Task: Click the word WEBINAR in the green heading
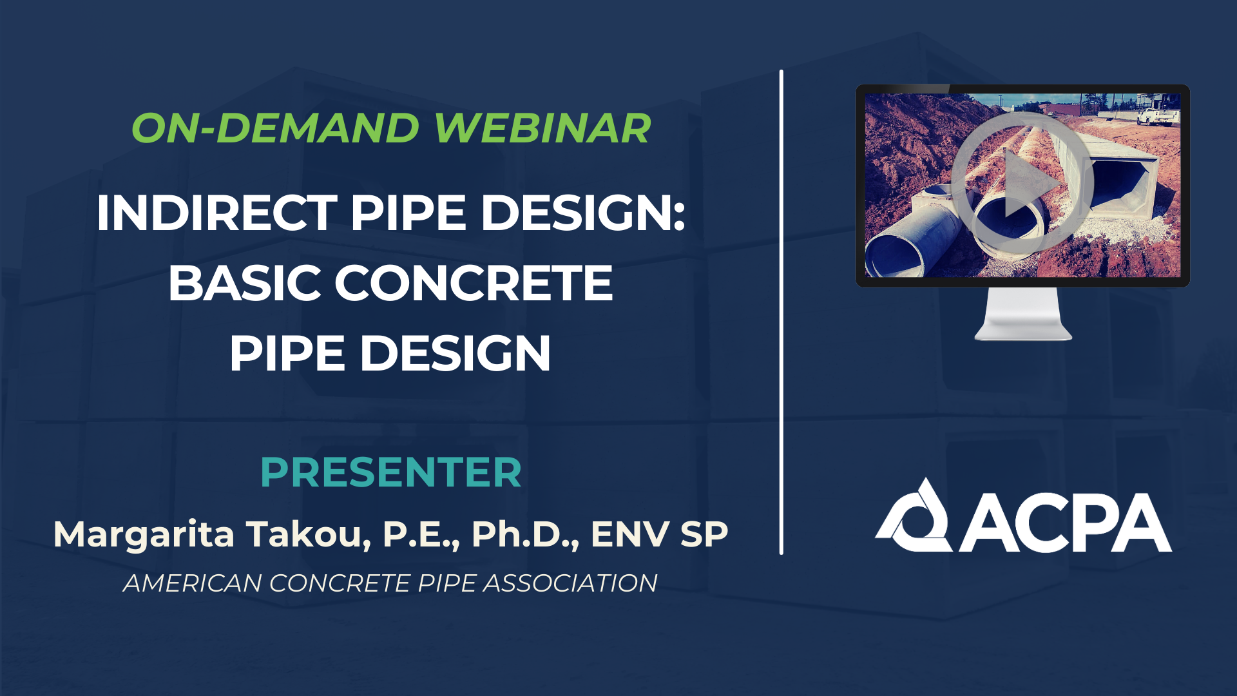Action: point(542,128)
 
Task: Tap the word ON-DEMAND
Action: point(276,128)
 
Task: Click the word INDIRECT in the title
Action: point(216,213)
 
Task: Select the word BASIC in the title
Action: point(244,284)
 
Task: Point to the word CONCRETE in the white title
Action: point(473,284)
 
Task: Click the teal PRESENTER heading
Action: point(390,472)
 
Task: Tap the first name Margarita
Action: point(144,535)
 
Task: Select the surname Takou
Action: point(308,535)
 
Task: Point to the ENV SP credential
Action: point(659,535)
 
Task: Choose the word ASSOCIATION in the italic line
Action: point(570,583)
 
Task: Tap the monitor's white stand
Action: point(1023,316)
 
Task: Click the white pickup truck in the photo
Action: point(1157,116)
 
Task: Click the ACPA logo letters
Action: point(1066,523)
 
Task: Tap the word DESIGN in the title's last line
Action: point(455,354)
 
